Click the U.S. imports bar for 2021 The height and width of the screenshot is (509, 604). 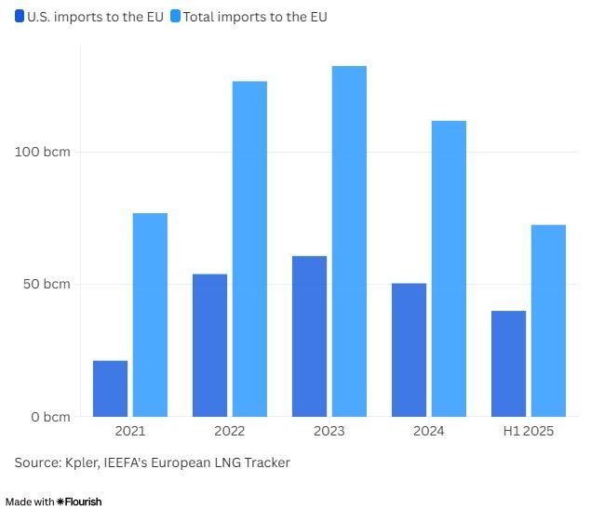[x=111, y=388]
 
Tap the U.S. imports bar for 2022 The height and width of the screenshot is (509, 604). [x=209, y=345]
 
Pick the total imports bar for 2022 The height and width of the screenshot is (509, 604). [x=249, y=248]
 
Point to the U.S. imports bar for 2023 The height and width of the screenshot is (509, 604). [x=309, y=336]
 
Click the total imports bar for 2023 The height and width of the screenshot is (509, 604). [x=349, y=241]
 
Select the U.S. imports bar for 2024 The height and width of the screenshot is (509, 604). [x=409, y=350]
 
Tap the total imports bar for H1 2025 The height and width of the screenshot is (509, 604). [x=548, y=320]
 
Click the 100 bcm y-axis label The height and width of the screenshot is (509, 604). [x=43, y=152]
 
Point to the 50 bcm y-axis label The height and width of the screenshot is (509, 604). [x=47, y=284]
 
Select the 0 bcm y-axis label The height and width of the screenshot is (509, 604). [x=50, y=417]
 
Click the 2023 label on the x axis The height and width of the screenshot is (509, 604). [x=329, y=431]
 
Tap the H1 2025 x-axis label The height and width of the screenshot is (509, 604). [x=528, y=431]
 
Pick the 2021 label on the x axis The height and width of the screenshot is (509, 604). [x=130, y=431]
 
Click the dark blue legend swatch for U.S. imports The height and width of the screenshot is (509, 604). [x=20, y=17]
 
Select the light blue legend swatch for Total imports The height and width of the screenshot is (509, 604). [x=175, y=17]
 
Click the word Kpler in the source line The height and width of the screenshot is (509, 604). [x=85, y=462]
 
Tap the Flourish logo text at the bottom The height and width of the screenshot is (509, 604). [x=79, y=502]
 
